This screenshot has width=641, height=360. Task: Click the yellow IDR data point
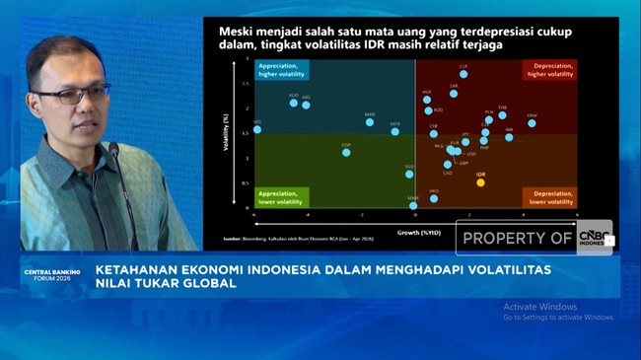pyautogui.click(x=480, y=181)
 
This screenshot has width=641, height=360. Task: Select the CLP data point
pyautogui.click(x=463, y=74)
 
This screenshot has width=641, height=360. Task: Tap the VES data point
pyautogui.click(x=257, y=129)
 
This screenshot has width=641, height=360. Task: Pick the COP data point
pyautogui.click(x=346, y=152)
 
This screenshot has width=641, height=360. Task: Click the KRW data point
pyautogui.click(x=532, y=123)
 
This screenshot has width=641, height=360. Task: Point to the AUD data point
pyautogui.click(x=294, y=102)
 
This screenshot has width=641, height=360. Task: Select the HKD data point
pyautogui.click(x=434, y=198)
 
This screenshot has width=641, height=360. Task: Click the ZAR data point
pyautogui.click(x=454, y=94)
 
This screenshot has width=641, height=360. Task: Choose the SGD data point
pyautogui.click(x=409, y=174)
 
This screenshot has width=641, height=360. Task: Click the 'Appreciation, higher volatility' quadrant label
pyautogui.click(x=282, y=70)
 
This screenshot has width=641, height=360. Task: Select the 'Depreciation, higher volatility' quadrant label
pyautogui.click(x=548, y=70)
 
